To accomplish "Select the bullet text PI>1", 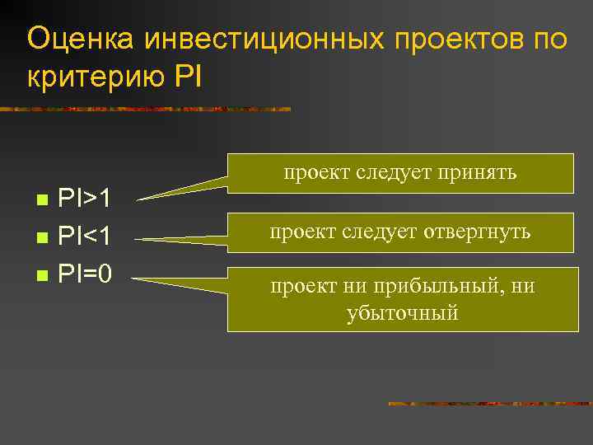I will [x=85, y=199].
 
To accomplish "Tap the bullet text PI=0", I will [x=85, y=273].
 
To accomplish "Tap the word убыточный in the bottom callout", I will [x=402, y=312].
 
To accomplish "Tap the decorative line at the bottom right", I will [x=489, y=404].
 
